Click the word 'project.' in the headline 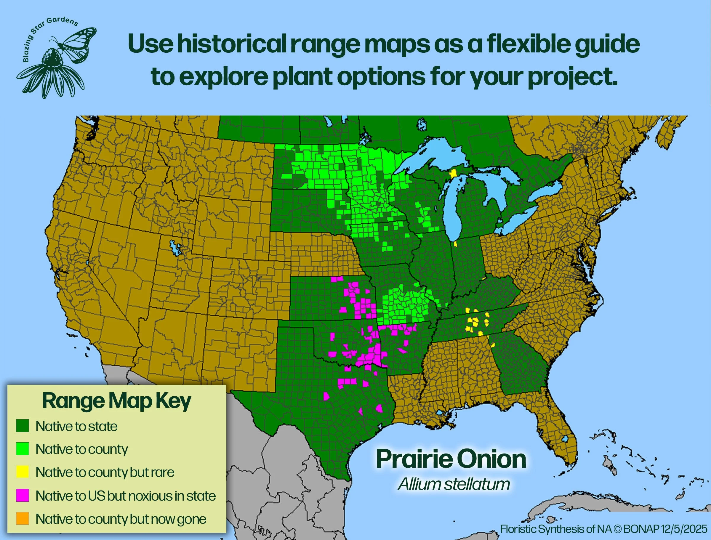572,77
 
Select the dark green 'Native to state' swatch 23,426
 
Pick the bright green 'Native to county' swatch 23,449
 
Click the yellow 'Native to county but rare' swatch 23,472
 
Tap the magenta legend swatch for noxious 23,495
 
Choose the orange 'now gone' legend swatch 23,518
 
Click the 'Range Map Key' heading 116,401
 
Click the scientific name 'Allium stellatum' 454,484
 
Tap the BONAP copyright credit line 604,529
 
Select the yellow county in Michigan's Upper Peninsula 453,174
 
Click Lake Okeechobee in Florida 564,439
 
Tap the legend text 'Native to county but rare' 105,472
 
